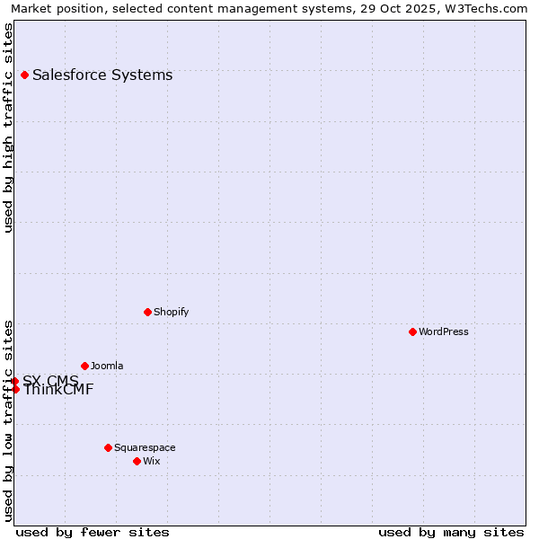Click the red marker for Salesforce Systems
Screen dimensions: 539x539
click(24, 75)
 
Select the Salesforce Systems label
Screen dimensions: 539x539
click(102, 75)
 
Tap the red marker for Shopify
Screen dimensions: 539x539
click(147, 312)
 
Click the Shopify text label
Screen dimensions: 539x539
click(171, 313)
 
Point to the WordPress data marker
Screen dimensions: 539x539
click(412, 331)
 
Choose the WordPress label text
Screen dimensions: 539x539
click(444, 332)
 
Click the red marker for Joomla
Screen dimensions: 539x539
click(84, 366)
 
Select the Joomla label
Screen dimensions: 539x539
click(107, 367)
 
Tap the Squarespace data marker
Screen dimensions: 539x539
click(108, 447)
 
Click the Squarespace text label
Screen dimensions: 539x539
click(145, 448)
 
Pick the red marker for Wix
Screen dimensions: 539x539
click(137, 461)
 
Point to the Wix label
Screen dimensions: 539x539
click(152, 462)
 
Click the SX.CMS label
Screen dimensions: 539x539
click(50, 381)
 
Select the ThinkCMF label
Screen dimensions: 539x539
click(58, 391)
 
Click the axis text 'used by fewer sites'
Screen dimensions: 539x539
click(93, 533)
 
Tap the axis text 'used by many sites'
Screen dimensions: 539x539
click(451, 533)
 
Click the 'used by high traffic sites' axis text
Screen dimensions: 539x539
click(9, 128)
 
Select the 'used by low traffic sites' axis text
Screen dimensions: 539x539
click(9, 420)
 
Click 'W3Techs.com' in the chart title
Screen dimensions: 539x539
click(490, 9)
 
